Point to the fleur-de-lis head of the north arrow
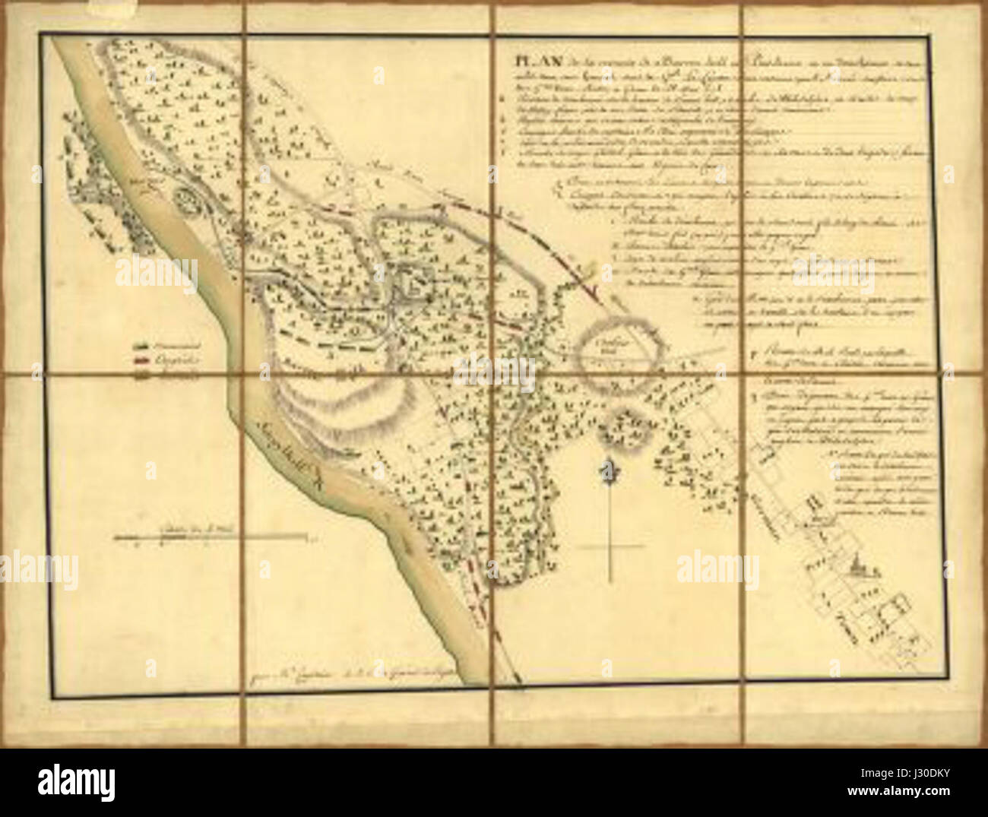click(610, 470)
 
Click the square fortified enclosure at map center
click(413, 283)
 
